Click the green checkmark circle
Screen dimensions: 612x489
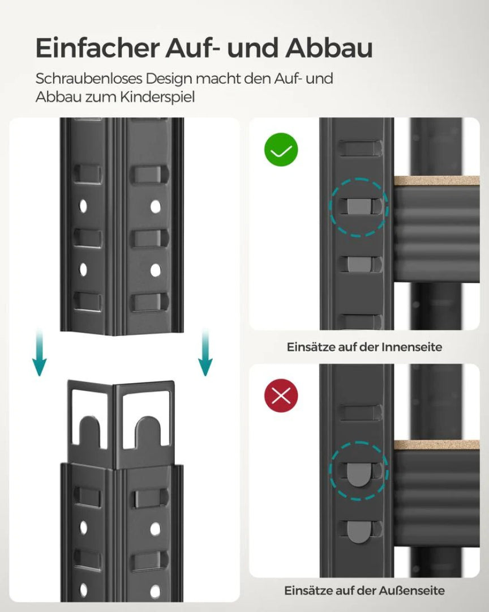[x=281, y=150]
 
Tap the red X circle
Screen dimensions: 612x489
[x=281, y=396]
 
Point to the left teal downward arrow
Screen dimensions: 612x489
[x=39, y=354]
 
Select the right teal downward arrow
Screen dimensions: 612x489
[x=205, y=354]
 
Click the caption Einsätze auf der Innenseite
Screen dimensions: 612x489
[x=364, y=347]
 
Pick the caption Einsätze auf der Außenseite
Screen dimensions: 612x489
[x=364, y=590]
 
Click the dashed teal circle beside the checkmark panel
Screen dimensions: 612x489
[x=359, y=207]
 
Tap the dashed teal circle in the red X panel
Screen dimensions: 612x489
[x=359, y=471]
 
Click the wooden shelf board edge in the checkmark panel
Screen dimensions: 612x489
[x=436, y=181]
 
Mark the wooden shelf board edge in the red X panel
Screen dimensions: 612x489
[x=436, y=445]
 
